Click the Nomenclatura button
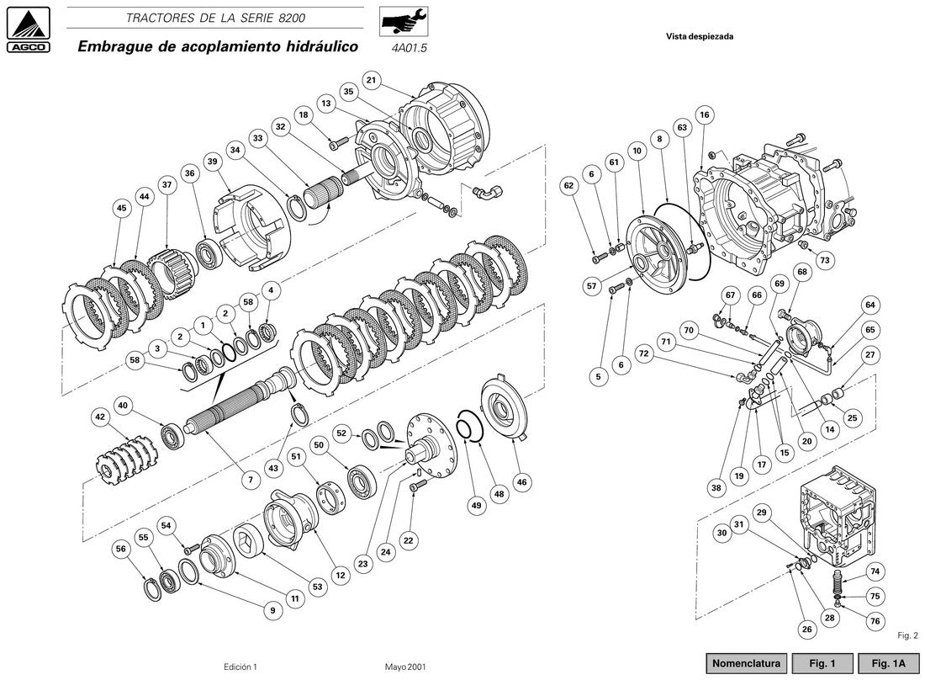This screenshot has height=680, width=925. click(x=746, y=663)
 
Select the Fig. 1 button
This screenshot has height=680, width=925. click(x=822, y=663)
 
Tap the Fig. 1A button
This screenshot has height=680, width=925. click(x=889, y=663)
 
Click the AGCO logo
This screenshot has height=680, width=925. click(x=28, y=29)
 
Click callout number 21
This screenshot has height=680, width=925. click(x=371, y=81)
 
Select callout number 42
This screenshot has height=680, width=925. click(x=100, y=417)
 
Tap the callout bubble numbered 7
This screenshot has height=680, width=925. click(x=251, y=480)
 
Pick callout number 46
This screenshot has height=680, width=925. click(x=521, y=482)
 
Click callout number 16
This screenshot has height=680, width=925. click(x=705, y=114)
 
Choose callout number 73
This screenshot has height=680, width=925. click(x=825, y=260)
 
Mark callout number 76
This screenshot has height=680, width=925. click(x=875, y=620)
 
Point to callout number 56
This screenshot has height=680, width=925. click(x=121, y=549)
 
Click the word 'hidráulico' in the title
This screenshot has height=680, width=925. click(x=321, y=46)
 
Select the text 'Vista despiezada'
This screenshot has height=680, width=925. click(x=700, y=36)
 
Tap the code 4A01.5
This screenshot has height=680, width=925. click(x=409, y=49)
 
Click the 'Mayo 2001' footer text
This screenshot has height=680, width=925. click(x=405, y=667)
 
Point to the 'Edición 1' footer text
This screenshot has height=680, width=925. click(x=240, y=667)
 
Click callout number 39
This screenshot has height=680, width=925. click(x=213, y=162)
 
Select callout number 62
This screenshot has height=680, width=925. click(x=568, y=185)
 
